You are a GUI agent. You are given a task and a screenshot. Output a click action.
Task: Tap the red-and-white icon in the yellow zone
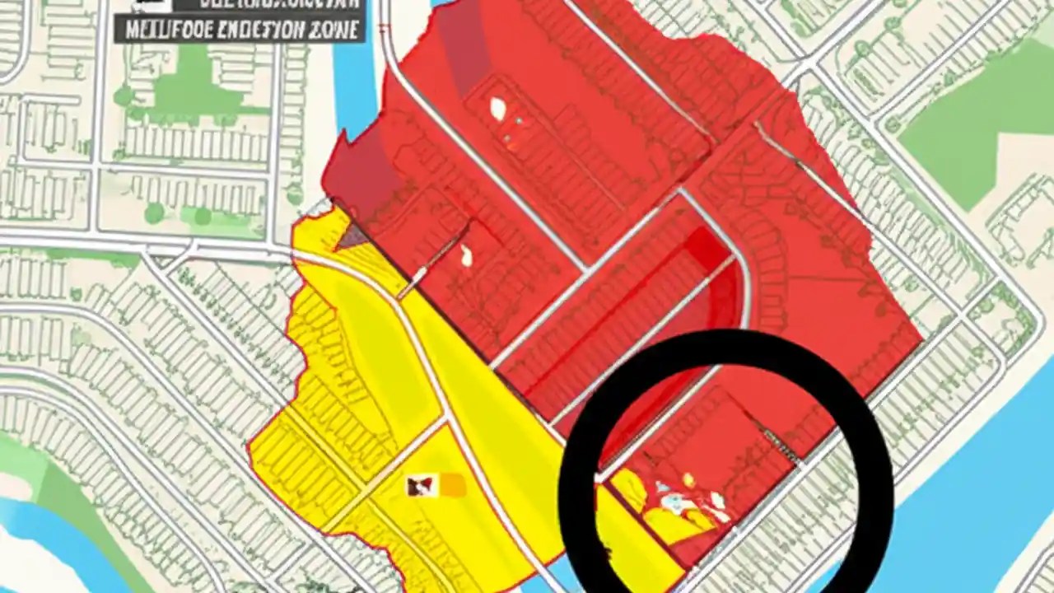pyautogui.click(x=419, y=487)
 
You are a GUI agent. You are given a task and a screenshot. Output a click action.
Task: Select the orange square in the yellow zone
pyautogui.click(x=451, y=486)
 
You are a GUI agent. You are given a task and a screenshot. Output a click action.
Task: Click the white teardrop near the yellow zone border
pyautogui.click(x=468, y=257)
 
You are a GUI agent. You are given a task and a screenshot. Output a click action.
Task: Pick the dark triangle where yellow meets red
pyautogui.click(x=352, y=238)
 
